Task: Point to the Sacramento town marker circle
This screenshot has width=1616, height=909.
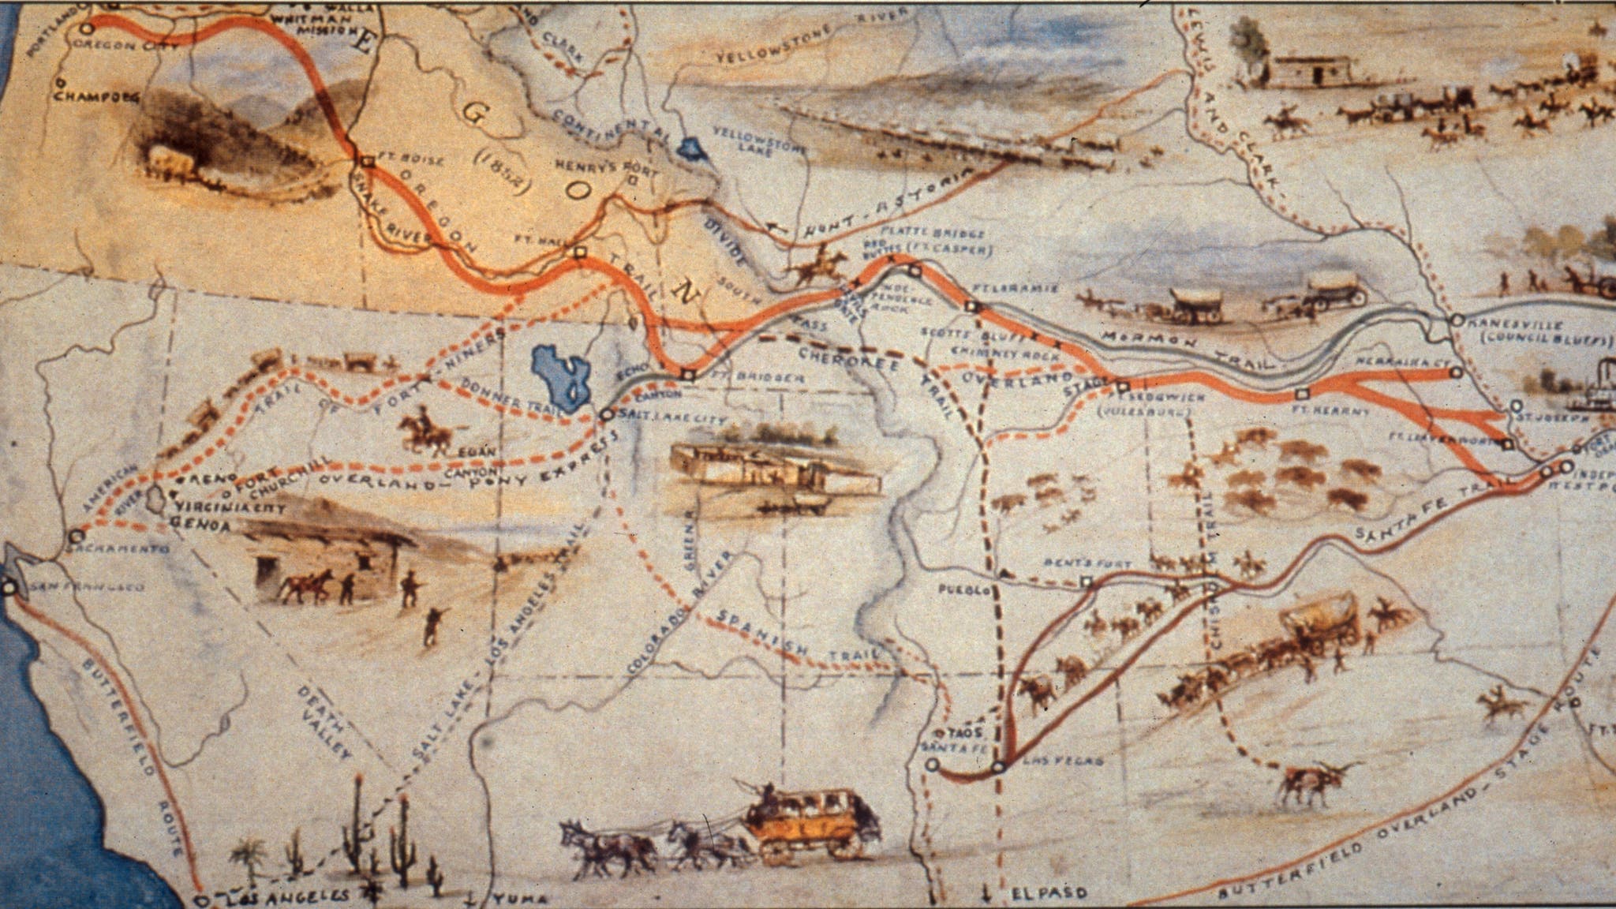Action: pyautogui.click(x=75, y=535)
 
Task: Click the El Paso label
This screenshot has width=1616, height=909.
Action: pyautogui.click(x=1049, y=894)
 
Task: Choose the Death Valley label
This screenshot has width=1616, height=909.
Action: pyautogui.click(x=324, y=722)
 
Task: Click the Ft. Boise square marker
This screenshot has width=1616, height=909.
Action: pyautogui.click(x=367, y=163)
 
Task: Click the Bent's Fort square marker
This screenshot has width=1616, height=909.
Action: pyautogui.click(x=1087, y=582)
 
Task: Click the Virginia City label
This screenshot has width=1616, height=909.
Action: pyautogui.click(x=228, y=509)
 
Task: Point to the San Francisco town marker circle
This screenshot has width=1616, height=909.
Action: pyautogui.click(x=9, y=587)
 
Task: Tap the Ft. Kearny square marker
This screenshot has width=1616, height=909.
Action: pyautogui.click(x=1303, y=393)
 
